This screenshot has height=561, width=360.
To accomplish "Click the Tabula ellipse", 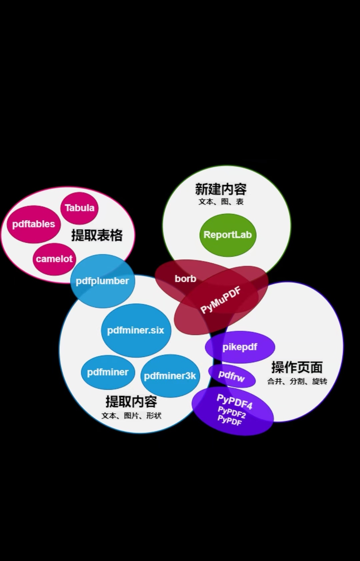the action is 79,208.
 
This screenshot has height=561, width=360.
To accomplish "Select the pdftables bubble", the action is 33,224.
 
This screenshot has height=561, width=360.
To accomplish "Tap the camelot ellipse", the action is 54,259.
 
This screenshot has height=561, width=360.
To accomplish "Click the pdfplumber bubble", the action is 102,281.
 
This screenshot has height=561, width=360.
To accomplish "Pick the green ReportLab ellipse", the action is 228,235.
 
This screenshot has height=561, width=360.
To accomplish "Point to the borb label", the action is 185,279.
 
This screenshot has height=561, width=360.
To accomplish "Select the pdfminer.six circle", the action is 136,330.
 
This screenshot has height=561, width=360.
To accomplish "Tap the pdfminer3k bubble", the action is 170,376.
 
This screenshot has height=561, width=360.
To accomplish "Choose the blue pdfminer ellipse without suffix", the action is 108,372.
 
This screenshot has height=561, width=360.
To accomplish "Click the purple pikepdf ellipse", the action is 240,347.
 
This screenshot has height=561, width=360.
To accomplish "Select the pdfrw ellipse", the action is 232,376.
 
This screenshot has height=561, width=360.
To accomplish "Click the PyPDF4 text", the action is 235,401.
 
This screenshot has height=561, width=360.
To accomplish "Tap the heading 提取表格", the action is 97,235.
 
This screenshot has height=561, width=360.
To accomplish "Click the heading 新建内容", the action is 221,189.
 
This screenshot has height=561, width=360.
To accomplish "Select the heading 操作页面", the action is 297,367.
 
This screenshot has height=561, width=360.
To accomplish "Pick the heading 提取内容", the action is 131,402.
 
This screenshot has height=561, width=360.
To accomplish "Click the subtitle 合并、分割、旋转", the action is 297,381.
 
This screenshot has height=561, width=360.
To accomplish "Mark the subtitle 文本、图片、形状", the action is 131,416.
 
